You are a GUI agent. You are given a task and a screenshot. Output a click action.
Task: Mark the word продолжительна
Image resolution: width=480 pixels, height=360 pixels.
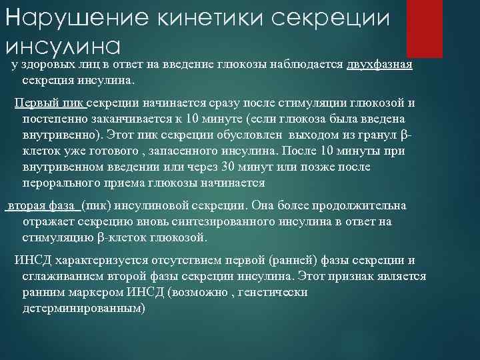pyautogui.click(x=366, y=207)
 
